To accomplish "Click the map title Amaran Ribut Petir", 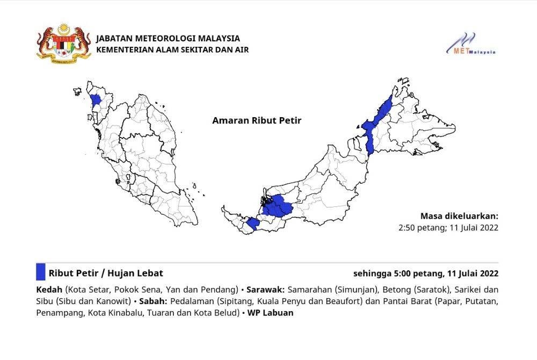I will coord(257,120).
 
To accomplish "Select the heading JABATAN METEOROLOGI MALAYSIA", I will coord(168,39).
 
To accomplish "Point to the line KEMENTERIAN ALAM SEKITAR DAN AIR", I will coord(172,50).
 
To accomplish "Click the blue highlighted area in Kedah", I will coord(96,100).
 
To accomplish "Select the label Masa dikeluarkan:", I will coord(459,216).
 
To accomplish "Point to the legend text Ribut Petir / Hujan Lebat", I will coord(106,273).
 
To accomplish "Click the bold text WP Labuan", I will coord(271,313).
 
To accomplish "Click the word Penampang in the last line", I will coord(59,313).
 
